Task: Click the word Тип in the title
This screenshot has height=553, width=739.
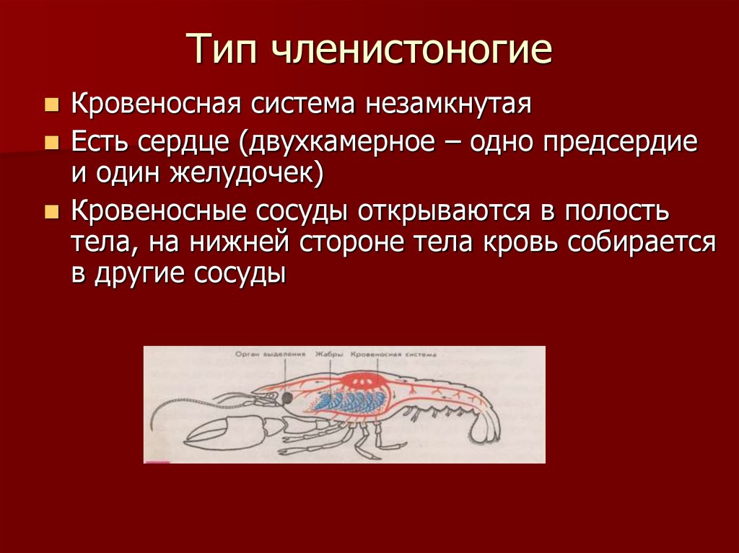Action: [x=226, y=50]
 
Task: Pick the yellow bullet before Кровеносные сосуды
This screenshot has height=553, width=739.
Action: [x=51, y=211]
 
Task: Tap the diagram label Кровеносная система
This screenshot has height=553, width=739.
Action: [x=395, y=355]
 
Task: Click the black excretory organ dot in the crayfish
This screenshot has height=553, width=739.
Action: [x=287, y=397]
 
